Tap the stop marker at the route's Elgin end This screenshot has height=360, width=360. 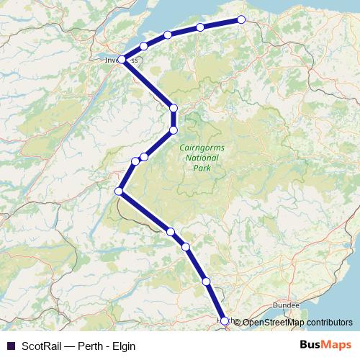240,19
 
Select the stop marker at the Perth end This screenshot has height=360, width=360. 225,321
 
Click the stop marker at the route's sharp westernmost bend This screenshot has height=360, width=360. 120,191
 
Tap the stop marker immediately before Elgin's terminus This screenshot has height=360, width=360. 200,27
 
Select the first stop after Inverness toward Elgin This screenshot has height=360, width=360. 144,47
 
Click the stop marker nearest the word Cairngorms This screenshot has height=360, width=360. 173,130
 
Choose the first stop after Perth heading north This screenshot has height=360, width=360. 207,282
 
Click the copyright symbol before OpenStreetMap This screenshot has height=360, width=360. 237,322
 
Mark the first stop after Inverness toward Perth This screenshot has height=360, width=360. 173,109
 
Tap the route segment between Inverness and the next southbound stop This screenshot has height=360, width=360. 148,84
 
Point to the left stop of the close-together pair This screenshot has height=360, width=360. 135,161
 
